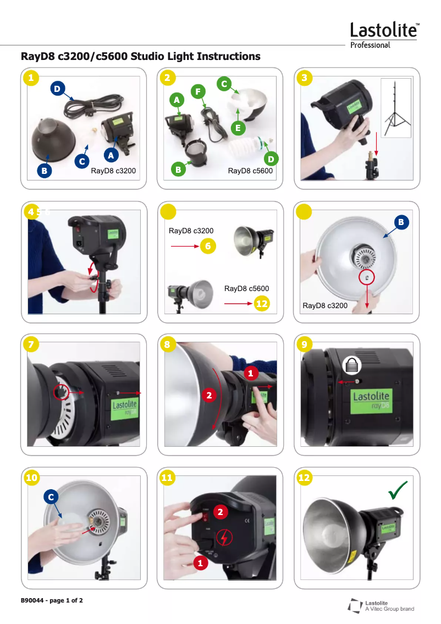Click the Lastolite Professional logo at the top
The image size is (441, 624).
[384, 35]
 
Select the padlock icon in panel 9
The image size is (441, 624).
[352, 365]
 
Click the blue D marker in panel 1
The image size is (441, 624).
[58, 89]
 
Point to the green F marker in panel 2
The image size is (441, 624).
[198, 92]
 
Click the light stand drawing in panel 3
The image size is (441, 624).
[396, 108]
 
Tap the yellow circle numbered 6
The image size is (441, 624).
[208, 247]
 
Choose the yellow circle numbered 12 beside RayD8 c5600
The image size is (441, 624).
[262, 304]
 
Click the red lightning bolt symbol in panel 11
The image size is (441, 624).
[224, 538]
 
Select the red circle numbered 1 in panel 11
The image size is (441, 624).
[200, 563]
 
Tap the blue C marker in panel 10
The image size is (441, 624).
[51, 497]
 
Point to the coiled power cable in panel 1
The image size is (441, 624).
[94, 104]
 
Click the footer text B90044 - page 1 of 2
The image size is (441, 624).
[52, 600]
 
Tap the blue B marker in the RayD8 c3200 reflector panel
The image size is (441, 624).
[401, 222]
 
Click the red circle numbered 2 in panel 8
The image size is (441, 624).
[209, 395]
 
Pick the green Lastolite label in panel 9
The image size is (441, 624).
[371, 401]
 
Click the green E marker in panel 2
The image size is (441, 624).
[238, 128]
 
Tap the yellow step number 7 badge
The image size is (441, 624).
[31, 344]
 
